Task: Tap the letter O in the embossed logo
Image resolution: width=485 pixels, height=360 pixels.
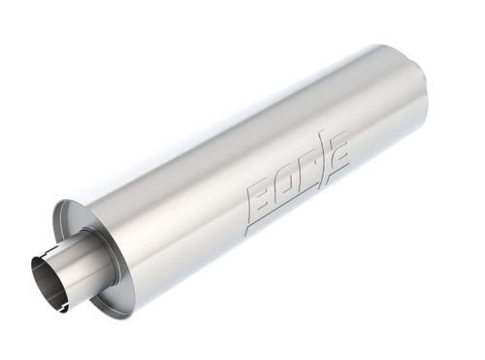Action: (x=288, y=185)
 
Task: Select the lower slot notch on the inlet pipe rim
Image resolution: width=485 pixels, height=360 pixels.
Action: (x=60, y=309)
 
